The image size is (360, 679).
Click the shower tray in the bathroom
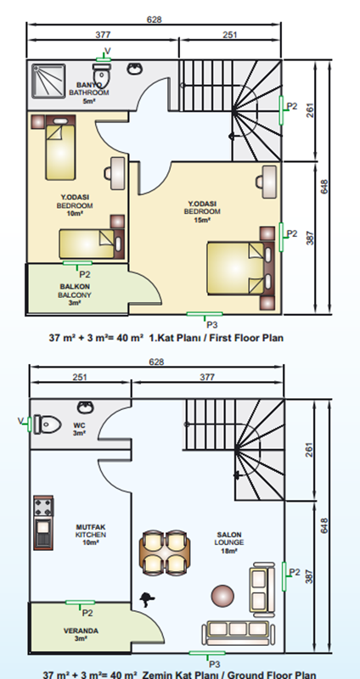[x=48, y=81]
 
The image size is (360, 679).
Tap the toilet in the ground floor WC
[x=48, y=424]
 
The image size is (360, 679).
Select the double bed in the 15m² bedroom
[x=241, y=268]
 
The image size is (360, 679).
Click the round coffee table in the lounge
[x=222, y=597]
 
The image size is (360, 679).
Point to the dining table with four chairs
[x=165, y=553]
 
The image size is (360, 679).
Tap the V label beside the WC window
[x=20, y=420]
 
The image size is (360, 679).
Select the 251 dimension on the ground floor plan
[x=80, y=377]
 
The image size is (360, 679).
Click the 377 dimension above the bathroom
[x=103, y=35]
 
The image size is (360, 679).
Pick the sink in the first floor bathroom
[x=135, y=68]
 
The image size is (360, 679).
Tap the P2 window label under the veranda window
[x=87, y=613]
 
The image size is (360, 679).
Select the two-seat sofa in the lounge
[x=262, y=589]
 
